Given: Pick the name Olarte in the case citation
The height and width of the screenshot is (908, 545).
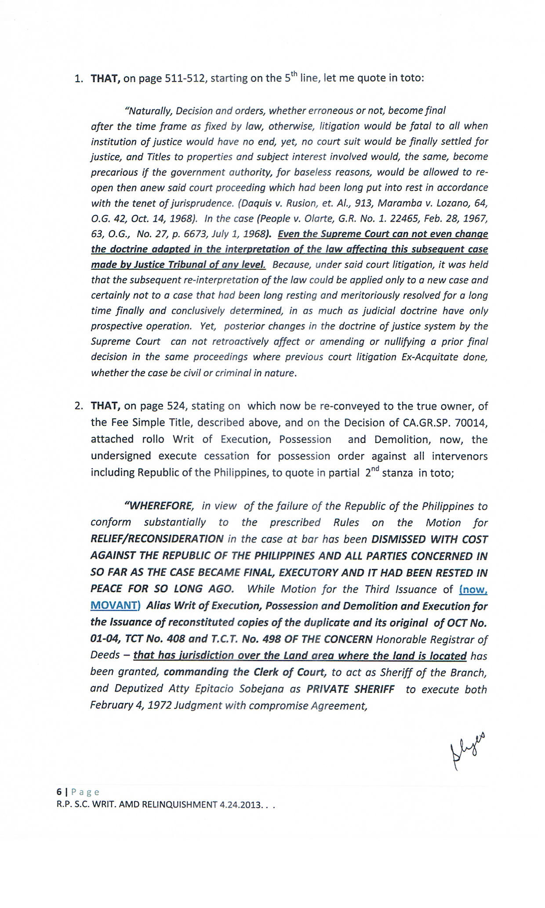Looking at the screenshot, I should point(313,219).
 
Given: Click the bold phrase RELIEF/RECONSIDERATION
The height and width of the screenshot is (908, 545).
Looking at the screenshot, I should point(157,539).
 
